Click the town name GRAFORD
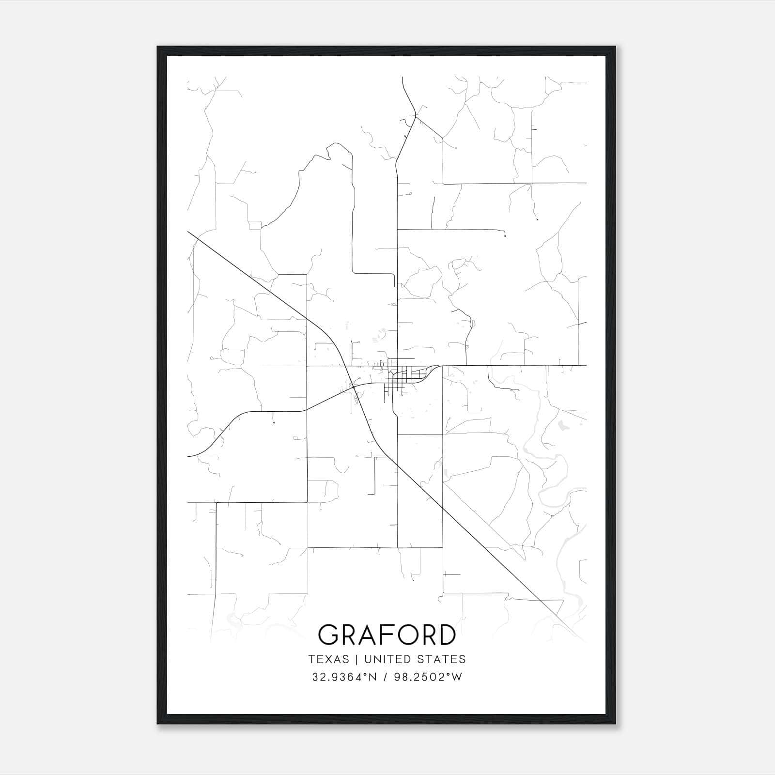(x=387, y=635)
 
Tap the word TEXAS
(x=328, y=659)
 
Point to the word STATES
(x=445, y=659)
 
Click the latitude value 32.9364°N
(x=344, y=677)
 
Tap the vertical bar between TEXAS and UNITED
(x=356, y=659)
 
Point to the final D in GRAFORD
(x=446, y=635)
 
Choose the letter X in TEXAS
(x=329, y=659)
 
